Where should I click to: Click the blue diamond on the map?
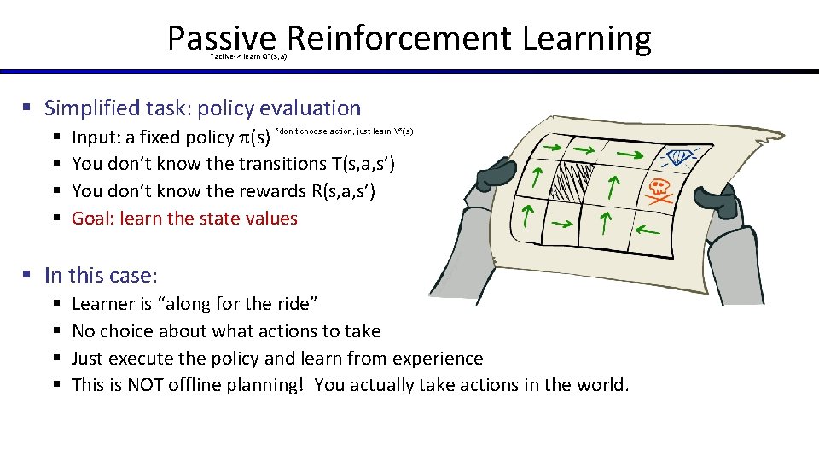tap(679, 157)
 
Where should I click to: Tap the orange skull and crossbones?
tap(659, 190)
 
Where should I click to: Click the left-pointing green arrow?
tap(649, 228)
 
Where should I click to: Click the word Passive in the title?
tap(222, 38)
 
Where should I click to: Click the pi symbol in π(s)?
tap(245, 137)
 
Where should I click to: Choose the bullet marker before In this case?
tap(26, 276)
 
